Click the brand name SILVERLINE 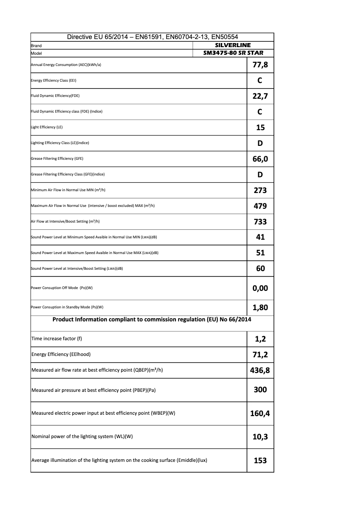coord(233,45)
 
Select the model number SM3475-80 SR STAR coord(233,53)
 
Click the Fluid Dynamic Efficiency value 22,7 coord(260,96)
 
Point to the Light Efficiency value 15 coord(260,127)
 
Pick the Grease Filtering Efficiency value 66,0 coord(260,159)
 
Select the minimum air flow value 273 coord(260,190)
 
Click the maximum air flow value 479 coord(260,206)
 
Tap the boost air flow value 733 coord(260,222)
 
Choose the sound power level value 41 coord(260,237)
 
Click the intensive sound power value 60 coord(260,268)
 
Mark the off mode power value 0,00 coord(260,288)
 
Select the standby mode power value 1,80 coord(260,307)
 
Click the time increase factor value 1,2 coord(260,339)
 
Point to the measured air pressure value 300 coord(260,390)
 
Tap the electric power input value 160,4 coord(260,413)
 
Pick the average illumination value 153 coord(260,461)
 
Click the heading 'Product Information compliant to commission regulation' coord(152,320)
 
